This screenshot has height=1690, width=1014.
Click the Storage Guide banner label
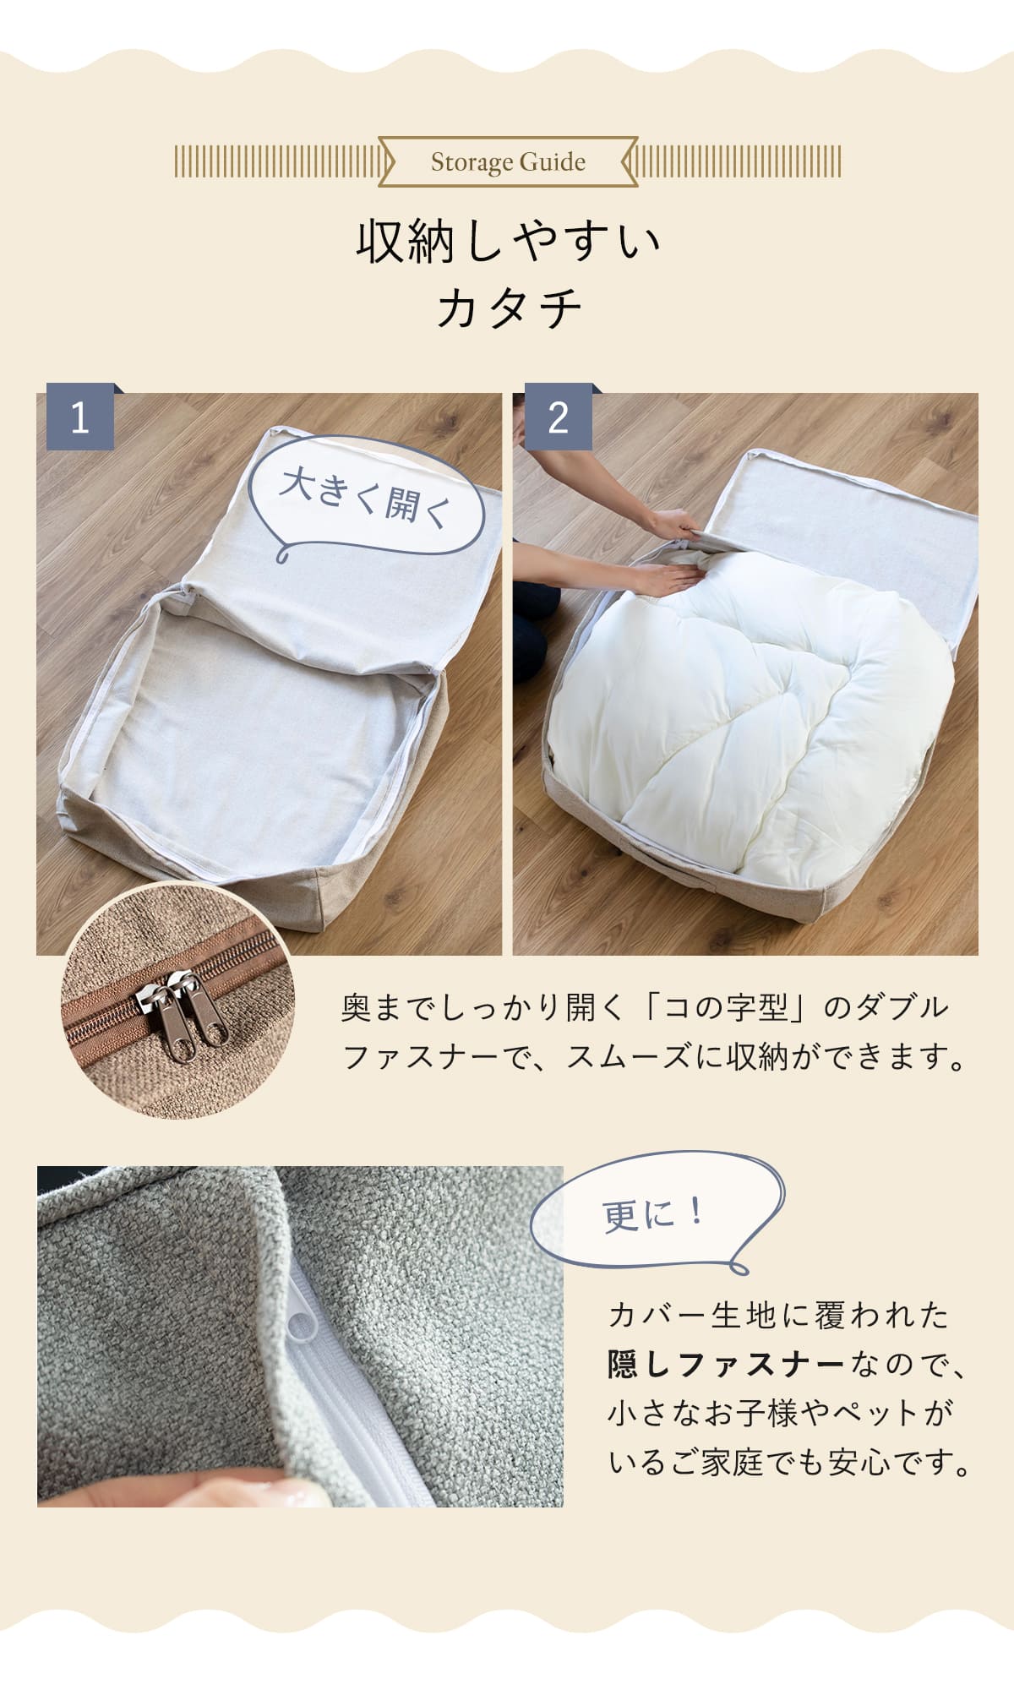coord(508,161)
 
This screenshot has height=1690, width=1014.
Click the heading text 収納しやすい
coord(508,242)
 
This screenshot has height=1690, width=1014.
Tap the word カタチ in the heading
coord(509,307)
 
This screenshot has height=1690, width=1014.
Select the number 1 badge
coord(80,417)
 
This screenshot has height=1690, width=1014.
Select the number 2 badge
coord(558,417)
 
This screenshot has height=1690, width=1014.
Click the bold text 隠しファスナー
coord(726,1365)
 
